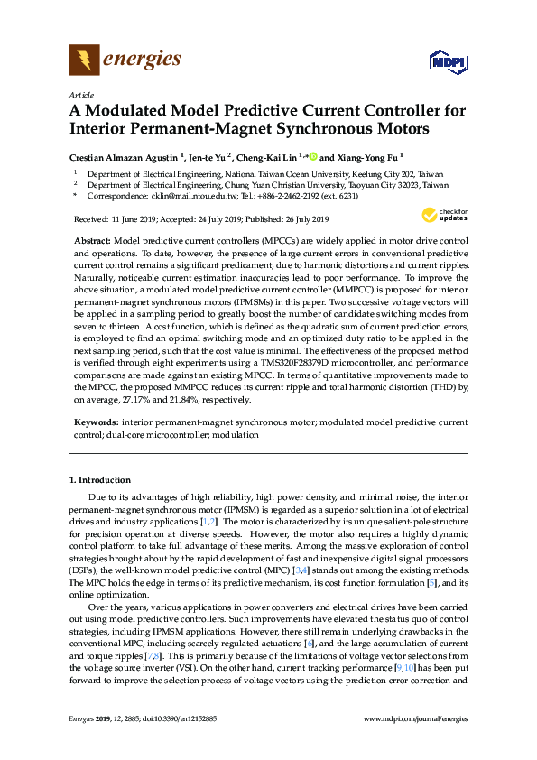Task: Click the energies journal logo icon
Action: tap(84, 60)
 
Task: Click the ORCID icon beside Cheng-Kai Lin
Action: tap(314, 155)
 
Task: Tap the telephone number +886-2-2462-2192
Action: tap(282, 194)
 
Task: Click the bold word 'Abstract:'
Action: tap(91, 243)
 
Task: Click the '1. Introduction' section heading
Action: tap(100, 480)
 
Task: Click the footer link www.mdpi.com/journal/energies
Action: tap(414, 743)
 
